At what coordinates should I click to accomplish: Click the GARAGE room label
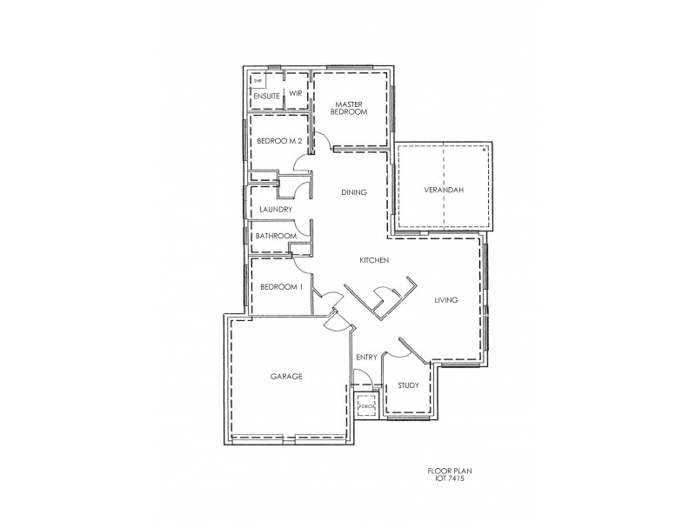(285, 377)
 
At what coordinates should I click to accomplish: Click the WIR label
(295, 95)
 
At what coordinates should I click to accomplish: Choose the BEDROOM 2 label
(278, 141)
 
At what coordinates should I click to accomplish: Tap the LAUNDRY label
(275, 210)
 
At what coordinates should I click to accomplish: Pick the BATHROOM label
(276, 236)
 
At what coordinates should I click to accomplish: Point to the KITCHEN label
(374, 261)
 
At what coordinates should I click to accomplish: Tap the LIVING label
(446, 300)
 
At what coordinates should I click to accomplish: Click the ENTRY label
(366, 358)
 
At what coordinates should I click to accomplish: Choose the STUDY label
(408, 385)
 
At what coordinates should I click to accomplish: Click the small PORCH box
(365, 405)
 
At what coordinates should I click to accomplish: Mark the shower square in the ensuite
(258, 82)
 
